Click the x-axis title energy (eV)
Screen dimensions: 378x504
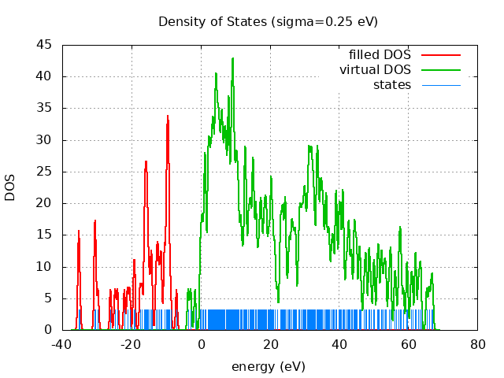[x=268, y=366]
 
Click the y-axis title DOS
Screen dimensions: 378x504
[x=10, y=187]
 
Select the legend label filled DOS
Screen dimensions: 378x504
[x=380, y=55]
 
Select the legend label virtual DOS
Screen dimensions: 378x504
[x=375, y=70]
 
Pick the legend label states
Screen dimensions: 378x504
[x=392, y=84]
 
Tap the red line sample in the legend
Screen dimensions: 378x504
[x=441, y=55]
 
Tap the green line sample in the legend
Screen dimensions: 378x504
[x=441, y=70]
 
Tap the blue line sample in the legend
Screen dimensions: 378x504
[x=441, y=84]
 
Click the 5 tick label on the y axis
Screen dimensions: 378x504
[x=49, y=298]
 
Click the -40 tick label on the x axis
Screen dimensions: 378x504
[x=61, y=344]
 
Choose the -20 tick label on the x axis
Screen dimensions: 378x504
[x=131, y=344]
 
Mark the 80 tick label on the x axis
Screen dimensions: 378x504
[x=478, y=344]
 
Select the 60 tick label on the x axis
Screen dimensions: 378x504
[x=409, y=344]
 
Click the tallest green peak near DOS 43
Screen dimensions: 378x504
[x=233, y=58]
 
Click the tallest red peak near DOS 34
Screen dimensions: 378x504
[x=168, y=116]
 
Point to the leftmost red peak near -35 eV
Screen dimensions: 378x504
[x=79, y=231]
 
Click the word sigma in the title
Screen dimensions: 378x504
[x=291, y=21]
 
